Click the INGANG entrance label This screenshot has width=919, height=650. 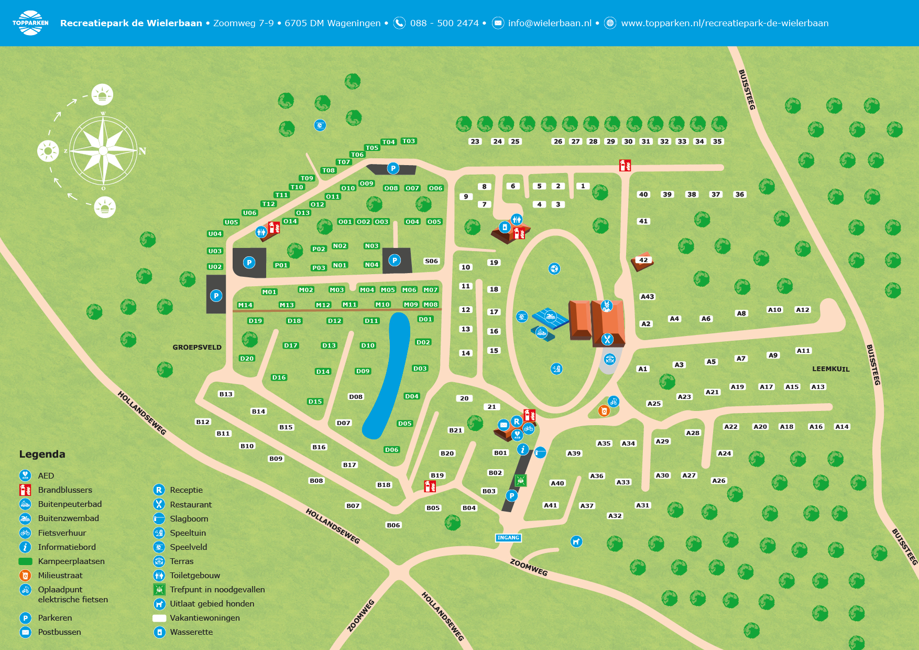(508, 537)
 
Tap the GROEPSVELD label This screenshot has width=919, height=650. (197, 347)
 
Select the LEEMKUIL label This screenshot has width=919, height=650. (830, 369)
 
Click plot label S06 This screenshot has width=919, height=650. (431, 261)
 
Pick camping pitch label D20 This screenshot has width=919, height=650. (247, 359)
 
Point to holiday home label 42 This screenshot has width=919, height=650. (643, 260)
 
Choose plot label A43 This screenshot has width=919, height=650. (647, 297)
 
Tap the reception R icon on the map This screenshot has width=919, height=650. (517, 421)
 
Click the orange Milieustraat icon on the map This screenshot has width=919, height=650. (604, 411)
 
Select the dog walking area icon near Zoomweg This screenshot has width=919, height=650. (576, 541)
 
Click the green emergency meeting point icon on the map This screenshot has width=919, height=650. (520, 480)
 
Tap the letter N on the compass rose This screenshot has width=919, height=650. (142, 151)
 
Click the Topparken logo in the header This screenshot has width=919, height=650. (30, 23)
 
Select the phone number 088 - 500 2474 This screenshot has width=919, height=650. (444, 23)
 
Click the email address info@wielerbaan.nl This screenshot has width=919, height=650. (550, 23)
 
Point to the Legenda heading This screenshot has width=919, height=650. (42, 454)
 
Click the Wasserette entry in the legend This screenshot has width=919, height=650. (191, 632)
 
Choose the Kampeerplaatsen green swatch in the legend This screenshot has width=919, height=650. (25, 561)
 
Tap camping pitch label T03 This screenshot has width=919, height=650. (408, 141)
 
